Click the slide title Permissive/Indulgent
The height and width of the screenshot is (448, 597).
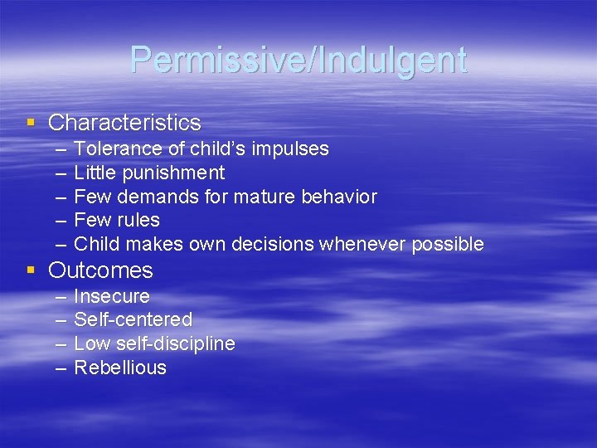(298, 60)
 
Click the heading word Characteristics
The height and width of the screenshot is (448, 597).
(124, 123)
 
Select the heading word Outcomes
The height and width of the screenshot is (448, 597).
(100, 270)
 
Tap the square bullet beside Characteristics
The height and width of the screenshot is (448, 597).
(31, 123)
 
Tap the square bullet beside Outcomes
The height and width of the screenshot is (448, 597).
(31, 270)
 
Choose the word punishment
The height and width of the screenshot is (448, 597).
(175, 173)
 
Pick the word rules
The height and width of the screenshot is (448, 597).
(138, 221)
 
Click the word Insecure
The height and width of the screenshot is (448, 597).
(112, 297)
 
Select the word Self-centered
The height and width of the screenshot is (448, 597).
(133, 320)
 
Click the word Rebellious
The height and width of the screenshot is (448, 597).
(120, 368)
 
